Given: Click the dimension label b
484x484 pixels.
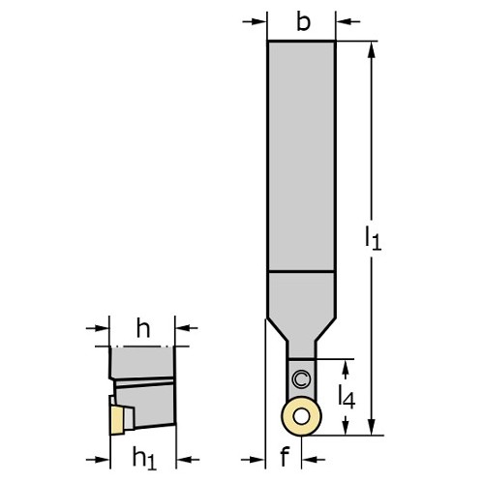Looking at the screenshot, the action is [x=303, y=22].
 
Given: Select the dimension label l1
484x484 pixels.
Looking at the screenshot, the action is [x=373, y=238].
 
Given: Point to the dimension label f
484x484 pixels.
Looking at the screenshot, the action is [x=285, y=456].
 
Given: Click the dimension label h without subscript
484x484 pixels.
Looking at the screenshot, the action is [x=143, y=327].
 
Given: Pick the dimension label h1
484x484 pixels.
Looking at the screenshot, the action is [x=144, y=458].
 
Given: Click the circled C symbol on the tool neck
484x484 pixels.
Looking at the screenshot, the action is [x=301, y=379].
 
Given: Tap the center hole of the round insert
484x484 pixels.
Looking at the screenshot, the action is [x=301, y=417].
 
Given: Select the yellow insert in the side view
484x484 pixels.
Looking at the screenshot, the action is [x=116, y=420].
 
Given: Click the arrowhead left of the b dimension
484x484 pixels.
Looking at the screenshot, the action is [x=260, y=21].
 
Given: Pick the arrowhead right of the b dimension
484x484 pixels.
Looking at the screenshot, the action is [x=343, y=21].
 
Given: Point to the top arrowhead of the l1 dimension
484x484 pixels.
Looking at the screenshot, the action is [x=372, y=49].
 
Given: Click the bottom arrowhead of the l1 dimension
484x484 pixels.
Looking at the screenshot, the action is [x=372, y=427].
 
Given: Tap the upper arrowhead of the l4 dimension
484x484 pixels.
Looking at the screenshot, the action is [x=346, y=367].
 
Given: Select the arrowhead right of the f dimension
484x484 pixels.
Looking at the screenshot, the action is [x=309, y=459].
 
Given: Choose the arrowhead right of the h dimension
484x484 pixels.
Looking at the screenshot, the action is [x=182, y=328].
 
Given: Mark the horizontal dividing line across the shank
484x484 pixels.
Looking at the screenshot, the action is [x=301, y=271].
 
